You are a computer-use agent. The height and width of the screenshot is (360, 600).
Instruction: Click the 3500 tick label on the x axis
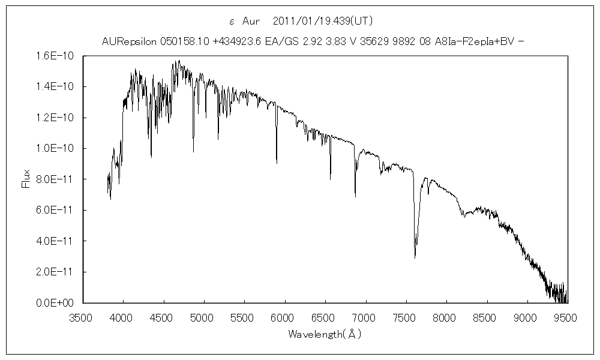(x=82, y=316)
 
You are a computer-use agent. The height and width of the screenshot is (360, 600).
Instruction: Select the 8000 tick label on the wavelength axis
(x=446, y=316)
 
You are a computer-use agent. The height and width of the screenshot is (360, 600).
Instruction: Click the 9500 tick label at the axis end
(x=566, y=316)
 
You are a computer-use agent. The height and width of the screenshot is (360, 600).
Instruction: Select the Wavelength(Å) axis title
(x=325, y=334)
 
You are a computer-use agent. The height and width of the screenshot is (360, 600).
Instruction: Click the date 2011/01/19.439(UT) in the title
(x=323, y=22)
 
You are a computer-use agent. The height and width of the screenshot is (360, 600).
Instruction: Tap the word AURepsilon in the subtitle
(x=129, y=41)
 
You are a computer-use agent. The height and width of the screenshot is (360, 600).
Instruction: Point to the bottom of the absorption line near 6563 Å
(x=330, y=179)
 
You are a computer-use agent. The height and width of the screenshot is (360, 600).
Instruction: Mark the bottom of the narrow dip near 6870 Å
(x=355, y=197)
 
